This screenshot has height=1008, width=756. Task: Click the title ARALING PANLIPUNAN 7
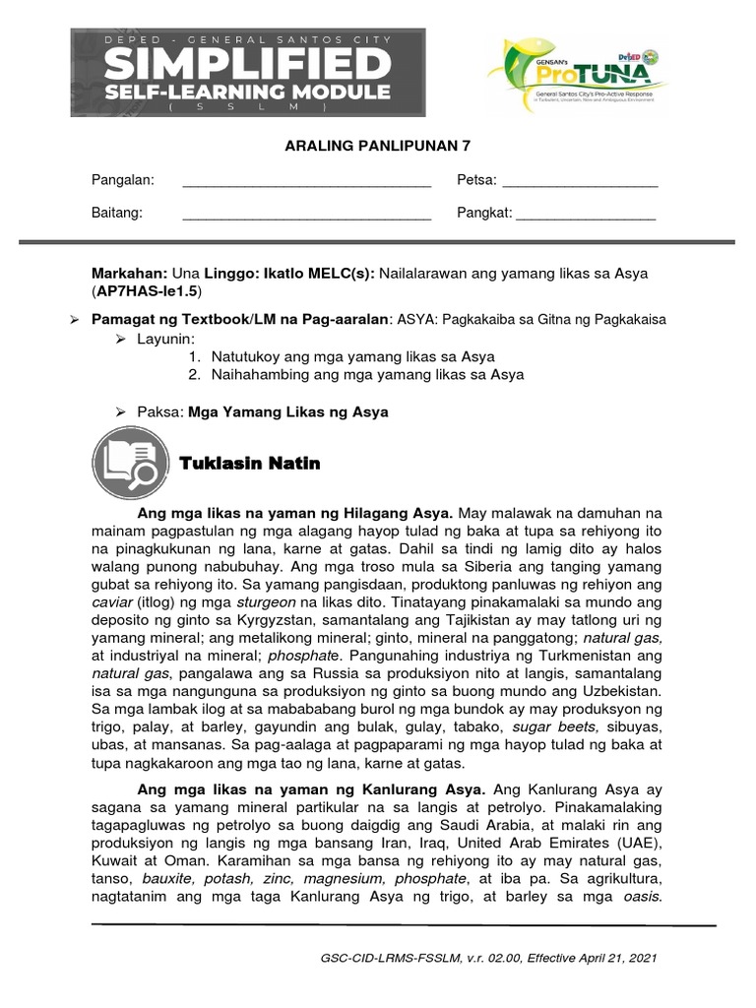[x=377, y=146]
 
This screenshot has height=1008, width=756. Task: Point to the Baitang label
[x=117, y=214]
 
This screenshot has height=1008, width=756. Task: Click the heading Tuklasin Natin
[x=250, y=463]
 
